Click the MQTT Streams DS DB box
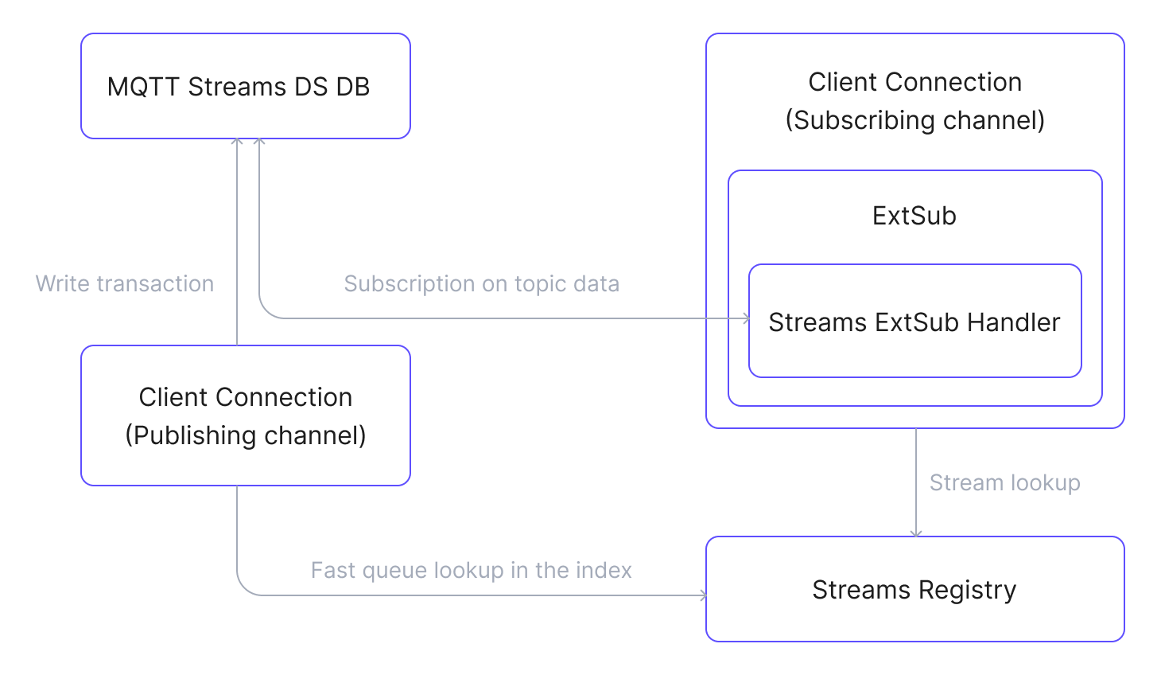pos(245,86)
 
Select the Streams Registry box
pos(914,589)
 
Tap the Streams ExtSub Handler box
pos(914,321)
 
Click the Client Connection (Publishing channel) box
pos(245,416)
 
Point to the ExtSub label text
pos(914,216)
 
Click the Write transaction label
pos(125,283)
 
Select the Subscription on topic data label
pos(481,283)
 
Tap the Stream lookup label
pos(1004,482)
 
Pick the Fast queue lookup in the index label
pos(471,570)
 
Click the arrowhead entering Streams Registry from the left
pos(703,595)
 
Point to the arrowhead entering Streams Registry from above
pos(916,533)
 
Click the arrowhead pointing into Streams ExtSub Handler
pos(746,318)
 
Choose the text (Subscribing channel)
pos(914,120)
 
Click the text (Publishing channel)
pos(245,435)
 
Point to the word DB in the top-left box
pos(352,87)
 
